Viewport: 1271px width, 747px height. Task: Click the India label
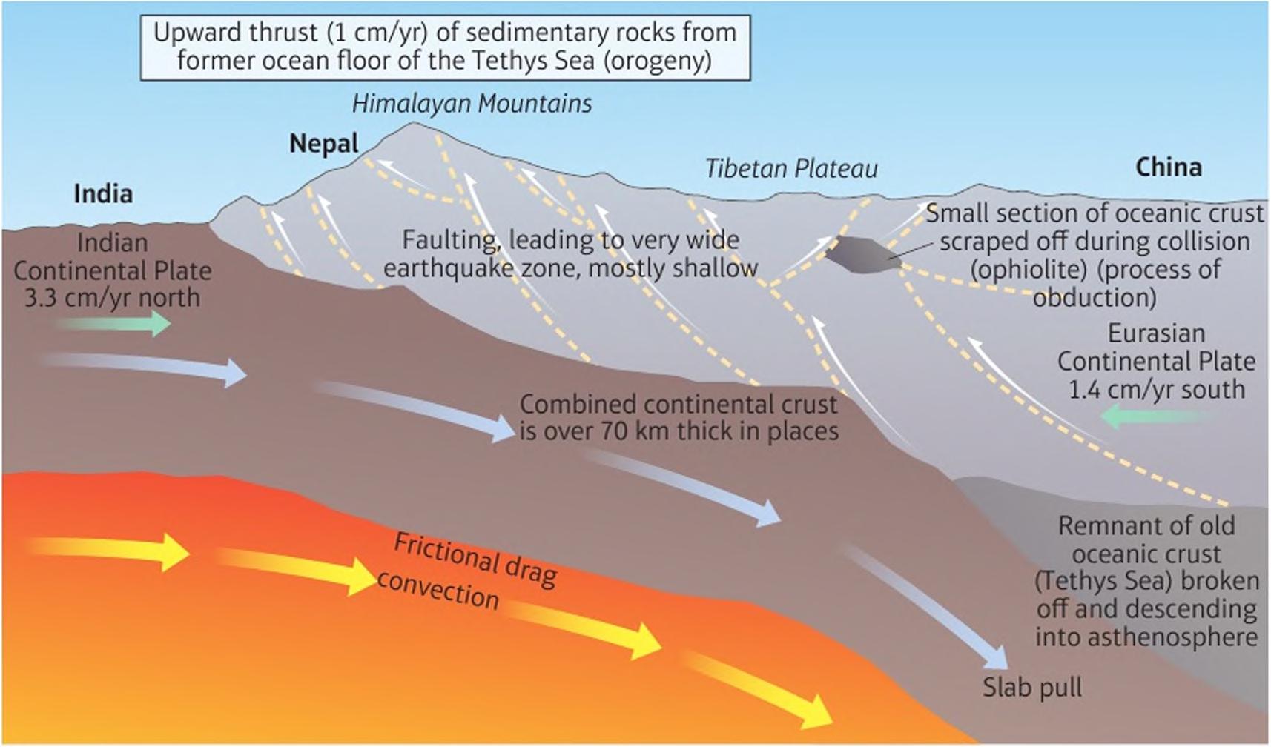103,194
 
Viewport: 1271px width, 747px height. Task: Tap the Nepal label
324,143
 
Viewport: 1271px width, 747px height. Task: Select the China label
1168,167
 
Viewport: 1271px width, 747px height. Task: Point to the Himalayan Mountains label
472,104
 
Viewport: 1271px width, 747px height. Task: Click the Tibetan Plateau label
791,169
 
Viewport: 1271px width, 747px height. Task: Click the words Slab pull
1032,688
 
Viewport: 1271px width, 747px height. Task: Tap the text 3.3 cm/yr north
112,298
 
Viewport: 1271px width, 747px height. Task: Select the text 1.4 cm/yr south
1156,390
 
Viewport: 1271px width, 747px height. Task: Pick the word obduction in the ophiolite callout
1094,298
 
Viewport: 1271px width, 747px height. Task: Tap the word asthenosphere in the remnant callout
1146,637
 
